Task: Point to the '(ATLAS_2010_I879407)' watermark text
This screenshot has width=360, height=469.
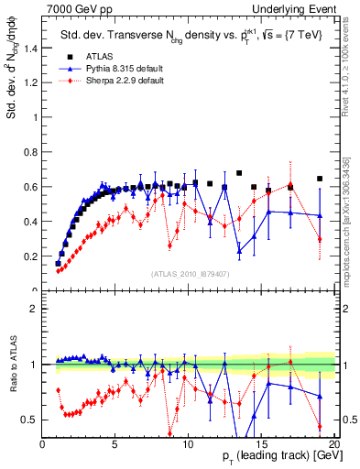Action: tap(190, 274)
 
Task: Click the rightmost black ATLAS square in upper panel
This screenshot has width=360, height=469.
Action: tap(319, 179)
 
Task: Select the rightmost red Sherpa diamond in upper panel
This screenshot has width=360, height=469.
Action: tap(319, 239)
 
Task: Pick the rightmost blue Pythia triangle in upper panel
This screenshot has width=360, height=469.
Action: tap(319, 216)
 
